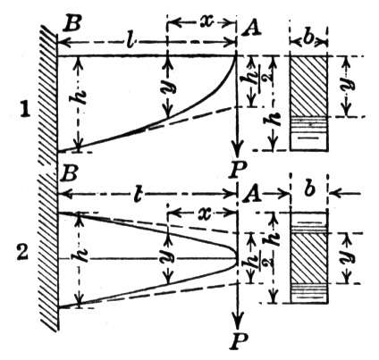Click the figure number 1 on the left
click(x=24, y=111)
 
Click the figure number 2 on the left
click(x=23, y=255)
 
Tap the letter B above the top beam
click(x=72, y=24)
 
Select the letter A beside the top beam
click(x=252, y=29)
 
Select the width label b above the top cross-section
click(x=308, y=38)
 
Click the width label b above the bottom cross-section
click(x=309, y=188)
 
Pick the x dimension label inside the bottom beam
click(x=204, y=213)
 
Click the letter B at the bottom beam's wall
click(x=68, y=175)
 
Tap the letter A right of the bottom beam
click(x=252, y=196)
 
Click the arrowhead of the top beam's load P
click(x=237, y=151)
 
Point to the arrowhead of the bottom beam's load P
click(x=237, y=321)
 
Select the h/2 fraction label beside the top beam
click(x=260, y=81)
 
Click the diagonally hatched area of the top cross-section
click(x=309, y=87)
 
